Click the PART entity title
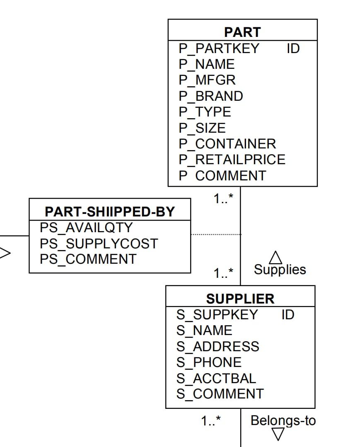tap(242, 32)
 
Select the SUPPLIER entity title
tap(240, 299)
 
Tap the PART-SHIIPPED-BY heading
tap(110, 212)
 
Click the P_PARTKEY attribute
tap(219, 49)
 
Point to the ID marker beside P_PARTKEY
tap(293, 49)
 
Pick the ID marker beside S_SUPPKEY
tap(288, 315)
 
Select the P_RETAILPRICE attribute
tap(232, 160)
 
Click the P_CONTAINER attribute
tap(227, 144)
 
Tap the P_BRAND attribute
tap(211, 96)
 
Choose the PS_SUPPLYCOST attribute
tap(99, 243)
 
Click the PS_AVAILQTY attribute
tap(86, 228)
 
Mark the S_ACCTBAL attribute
tap(216, 378)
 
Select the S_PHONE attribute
tap(209, 362)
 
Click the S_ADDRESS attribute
tap(217, 347)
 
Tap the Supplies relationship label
tap(280, 270)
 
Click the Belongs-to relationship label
tap(283, 420)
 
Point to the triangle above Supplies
tap(276, 258)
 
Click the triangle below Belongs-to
tap(278, 434)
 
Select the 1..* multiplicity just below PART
tap(223, 199)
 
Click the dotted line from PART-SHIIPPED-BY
tap(215, 235)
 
